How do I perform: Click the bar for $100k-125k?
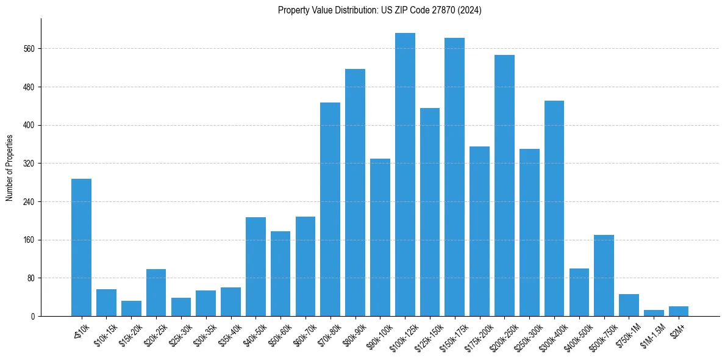[x=405, y=175]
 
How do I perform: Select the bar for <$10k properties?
[x=81, y=247]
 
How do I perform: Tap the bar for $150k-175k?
[x=455, y=177]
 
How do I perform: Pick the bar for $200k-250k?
[x=504, y=185]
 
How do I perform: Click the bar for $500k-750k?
[x=604, y=275]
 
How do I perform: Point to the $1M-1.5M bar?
[x=654, y=313]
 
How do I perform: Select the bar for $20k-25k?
[x=156, y=292]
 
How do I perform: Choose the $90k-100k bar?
[x=380, y=237]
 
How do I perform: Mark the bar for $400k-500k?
[x=579, y=292]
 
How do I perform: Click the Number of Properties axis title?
[x=9, y=168]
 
